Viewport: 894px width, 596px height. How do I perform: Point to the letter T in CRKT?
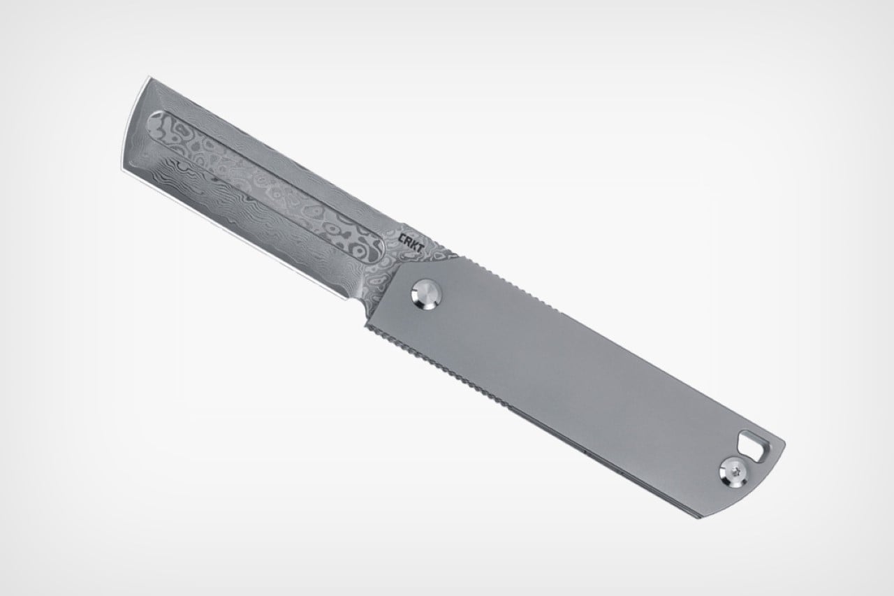421,245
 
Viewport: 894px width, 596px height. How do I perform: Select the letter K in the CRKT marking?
415,242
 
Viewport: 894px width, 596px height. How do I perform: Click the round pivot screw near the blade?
427,294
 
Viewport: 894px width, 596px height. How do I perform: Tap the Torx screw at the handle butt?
734,474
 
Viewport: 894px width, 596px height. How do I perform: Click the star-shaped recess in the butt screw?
734,474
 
